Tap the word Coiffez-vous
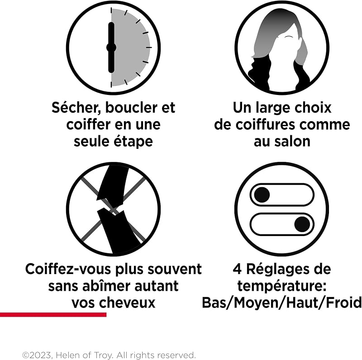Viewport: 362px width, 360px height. (x=69, y=269)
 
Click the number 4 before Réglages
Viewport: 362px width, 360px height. (x=237, y=269)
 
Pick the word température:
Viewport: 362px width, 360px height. (x=282, y=286)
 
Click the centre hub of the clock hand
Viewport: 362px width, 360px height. (x=111, y=47)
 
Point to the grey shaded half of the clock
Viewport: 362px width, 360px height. (x=130, y=47)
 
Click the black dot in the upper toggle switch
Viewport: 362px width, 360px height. (x=262, y=194)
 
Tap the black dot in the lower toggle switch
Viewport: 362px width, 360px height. (x=302, y=224)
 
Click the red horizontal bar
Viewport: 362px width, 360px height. (x=53, y=314)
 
